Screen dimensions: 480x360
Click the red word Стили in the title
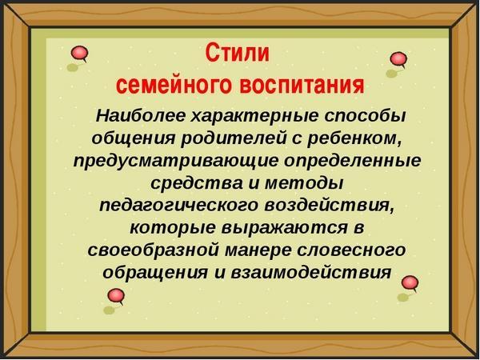[x=238, y=53]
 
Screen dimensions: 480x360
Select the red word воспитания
[x=302, y=84]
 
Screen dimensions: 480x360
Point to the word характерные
[x=254, y=116]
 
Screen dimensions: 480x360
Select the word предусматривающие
[x=175, y=161]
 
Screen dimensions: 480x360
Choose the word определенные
[x=352, y=161]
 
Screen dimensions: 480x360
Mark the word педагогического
[x=178, y=206]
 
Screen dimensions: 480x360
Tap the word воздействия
[x=329, y=206]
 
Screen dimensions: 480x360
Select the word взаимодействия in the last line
[x=311, y=273]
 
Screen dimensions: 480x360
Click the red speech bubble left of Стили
[x=79, y=54]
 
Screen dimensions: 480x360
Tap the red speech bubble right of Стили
[x=398, y=59]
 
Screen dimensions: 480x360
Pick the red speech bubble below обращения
[x=116, y=297]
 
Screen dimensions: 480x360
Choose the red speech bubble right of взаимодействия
[x=410, y=283]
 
